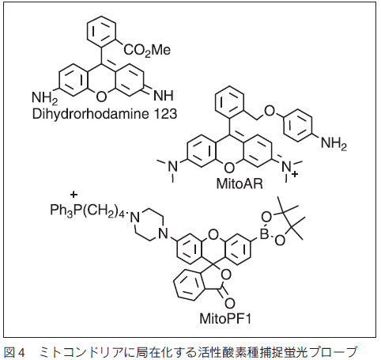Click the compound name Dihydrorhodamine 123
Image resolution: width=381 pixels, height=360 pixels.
104,114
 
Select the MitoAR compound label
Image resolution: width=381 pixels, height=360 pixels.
240,184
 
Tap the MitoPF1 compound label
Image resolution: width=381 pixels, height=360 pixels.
225,318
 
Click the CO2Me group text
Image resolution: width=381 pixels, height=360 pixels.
147,50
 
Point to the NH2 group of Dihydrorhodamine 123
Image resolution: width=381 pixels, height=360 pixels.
45,97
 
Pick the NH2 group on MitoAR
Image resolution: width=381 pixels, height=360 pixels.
334,144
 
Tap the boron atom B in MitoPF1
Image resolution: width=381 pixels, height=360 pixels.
264,233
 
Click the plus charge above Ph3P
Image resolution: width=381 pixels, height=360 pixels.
74,195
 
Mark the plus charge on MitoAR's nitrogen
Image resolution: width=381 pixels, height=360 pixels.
295,174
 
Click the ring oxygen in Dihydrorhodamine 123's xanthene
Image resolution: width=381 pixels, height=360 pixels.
101,97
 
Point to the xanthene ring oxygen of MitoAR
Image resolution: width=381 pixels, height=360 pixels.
229,168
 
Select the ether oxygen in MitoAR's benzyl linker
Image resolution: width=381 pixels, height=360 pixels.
269,111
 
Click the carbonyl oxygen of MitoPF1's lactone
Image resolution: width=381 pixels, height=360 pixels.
229,304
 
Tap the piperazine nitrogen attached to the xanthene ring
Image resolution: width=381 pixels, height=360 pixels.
164,233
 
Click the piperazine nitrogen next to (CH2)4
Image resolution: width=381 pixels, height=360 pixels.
135,218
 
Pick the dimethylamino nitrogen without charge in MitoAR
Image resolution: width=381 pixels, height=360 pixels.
172,166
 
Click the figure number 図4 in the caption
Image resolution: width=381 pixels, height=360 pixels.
15,352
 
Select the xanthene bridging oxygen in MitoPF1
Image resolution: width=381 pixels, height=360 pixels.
213,233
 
